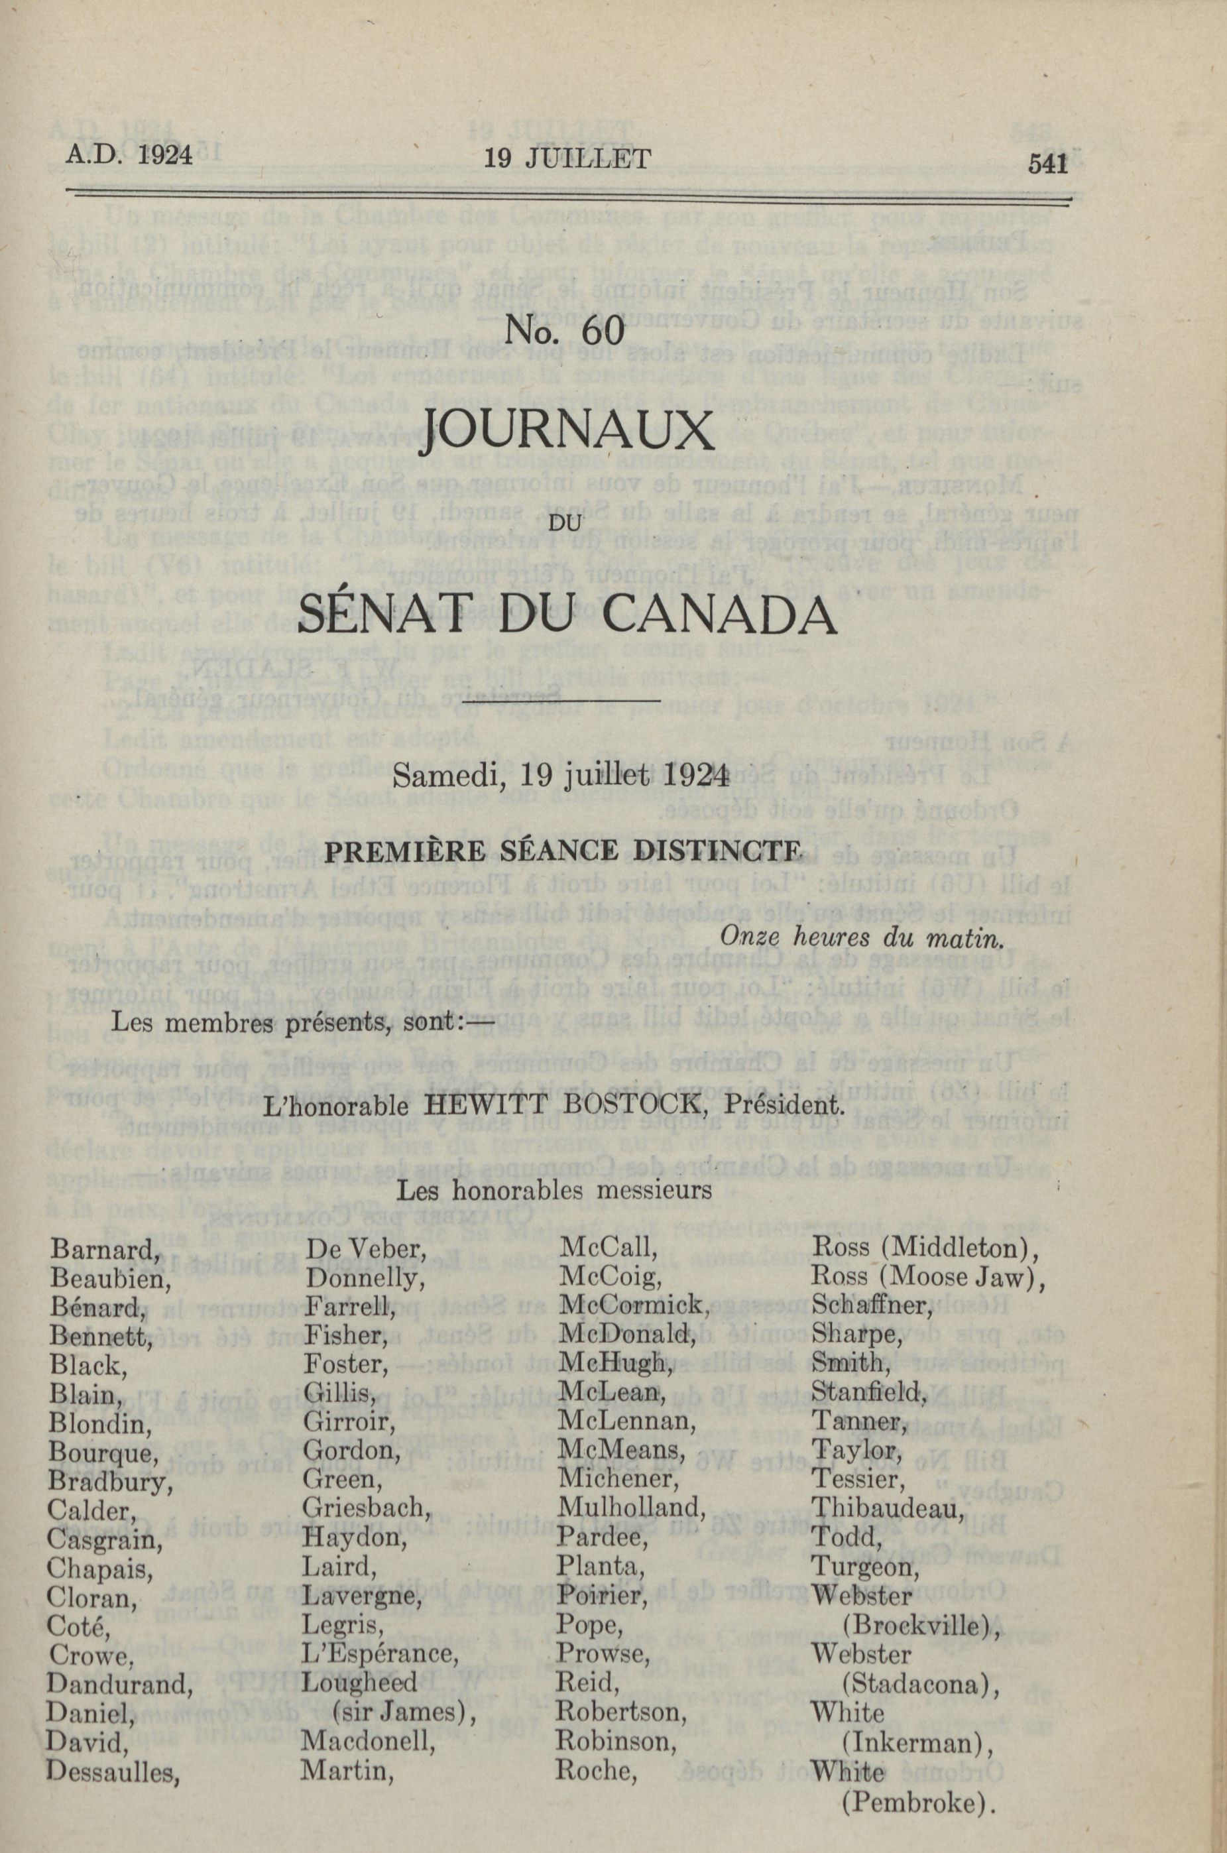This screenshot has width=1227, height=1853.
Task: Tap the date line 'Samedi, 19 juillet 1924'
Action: click(x=561, y=775)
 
